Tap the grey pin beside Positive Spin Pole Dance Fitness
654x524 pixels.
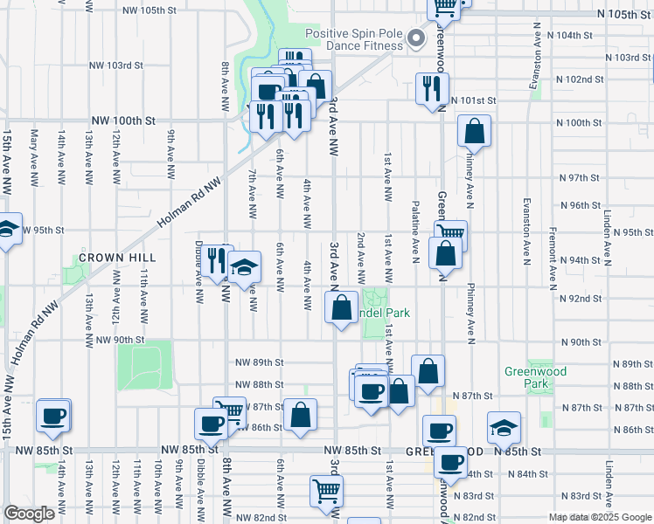[417, 38]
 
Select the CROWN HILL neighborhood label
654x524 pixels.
[117, 258]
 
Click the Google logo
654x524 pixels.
[29, 514]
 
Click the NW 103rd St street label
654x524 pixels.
[116, 65]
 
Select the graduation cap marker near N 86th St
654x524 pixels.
[504, 427]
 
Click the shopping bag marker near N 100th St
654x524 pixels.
[474, 132]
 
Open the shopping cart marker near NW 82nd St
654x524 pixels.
[326, 490]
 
